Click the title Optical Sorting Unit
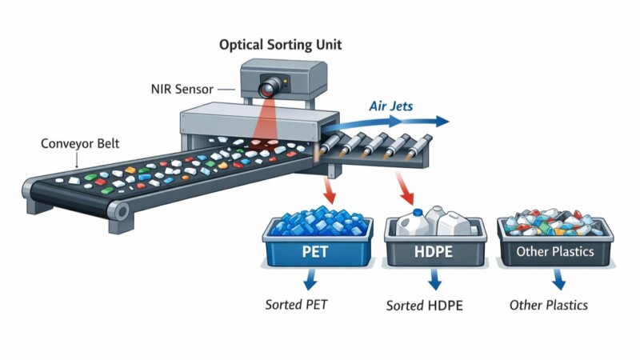[x=280, y=45]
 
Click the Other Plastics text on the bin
[x=554, y=252]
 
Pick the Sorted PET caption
[x=296, y=305]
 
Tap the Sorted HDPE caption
[x=424, y=306]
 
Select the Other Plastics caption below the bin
[x=549, y=305]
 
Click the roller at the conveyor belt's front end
[x=119, y=212]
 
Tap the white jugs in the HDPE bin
[x=435, y=221]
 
